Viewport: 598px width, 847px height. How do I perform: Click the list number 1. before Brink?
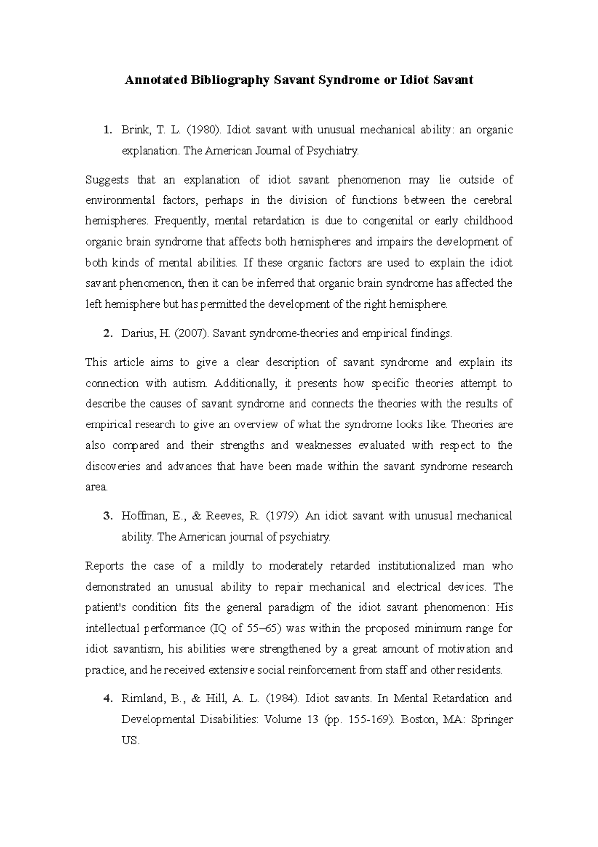(106, 130)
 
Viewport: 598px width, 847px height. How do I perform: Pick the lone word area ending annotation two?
(96, 487)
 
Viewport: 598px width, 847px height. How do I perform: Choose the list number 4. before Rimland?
(107, 698)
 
